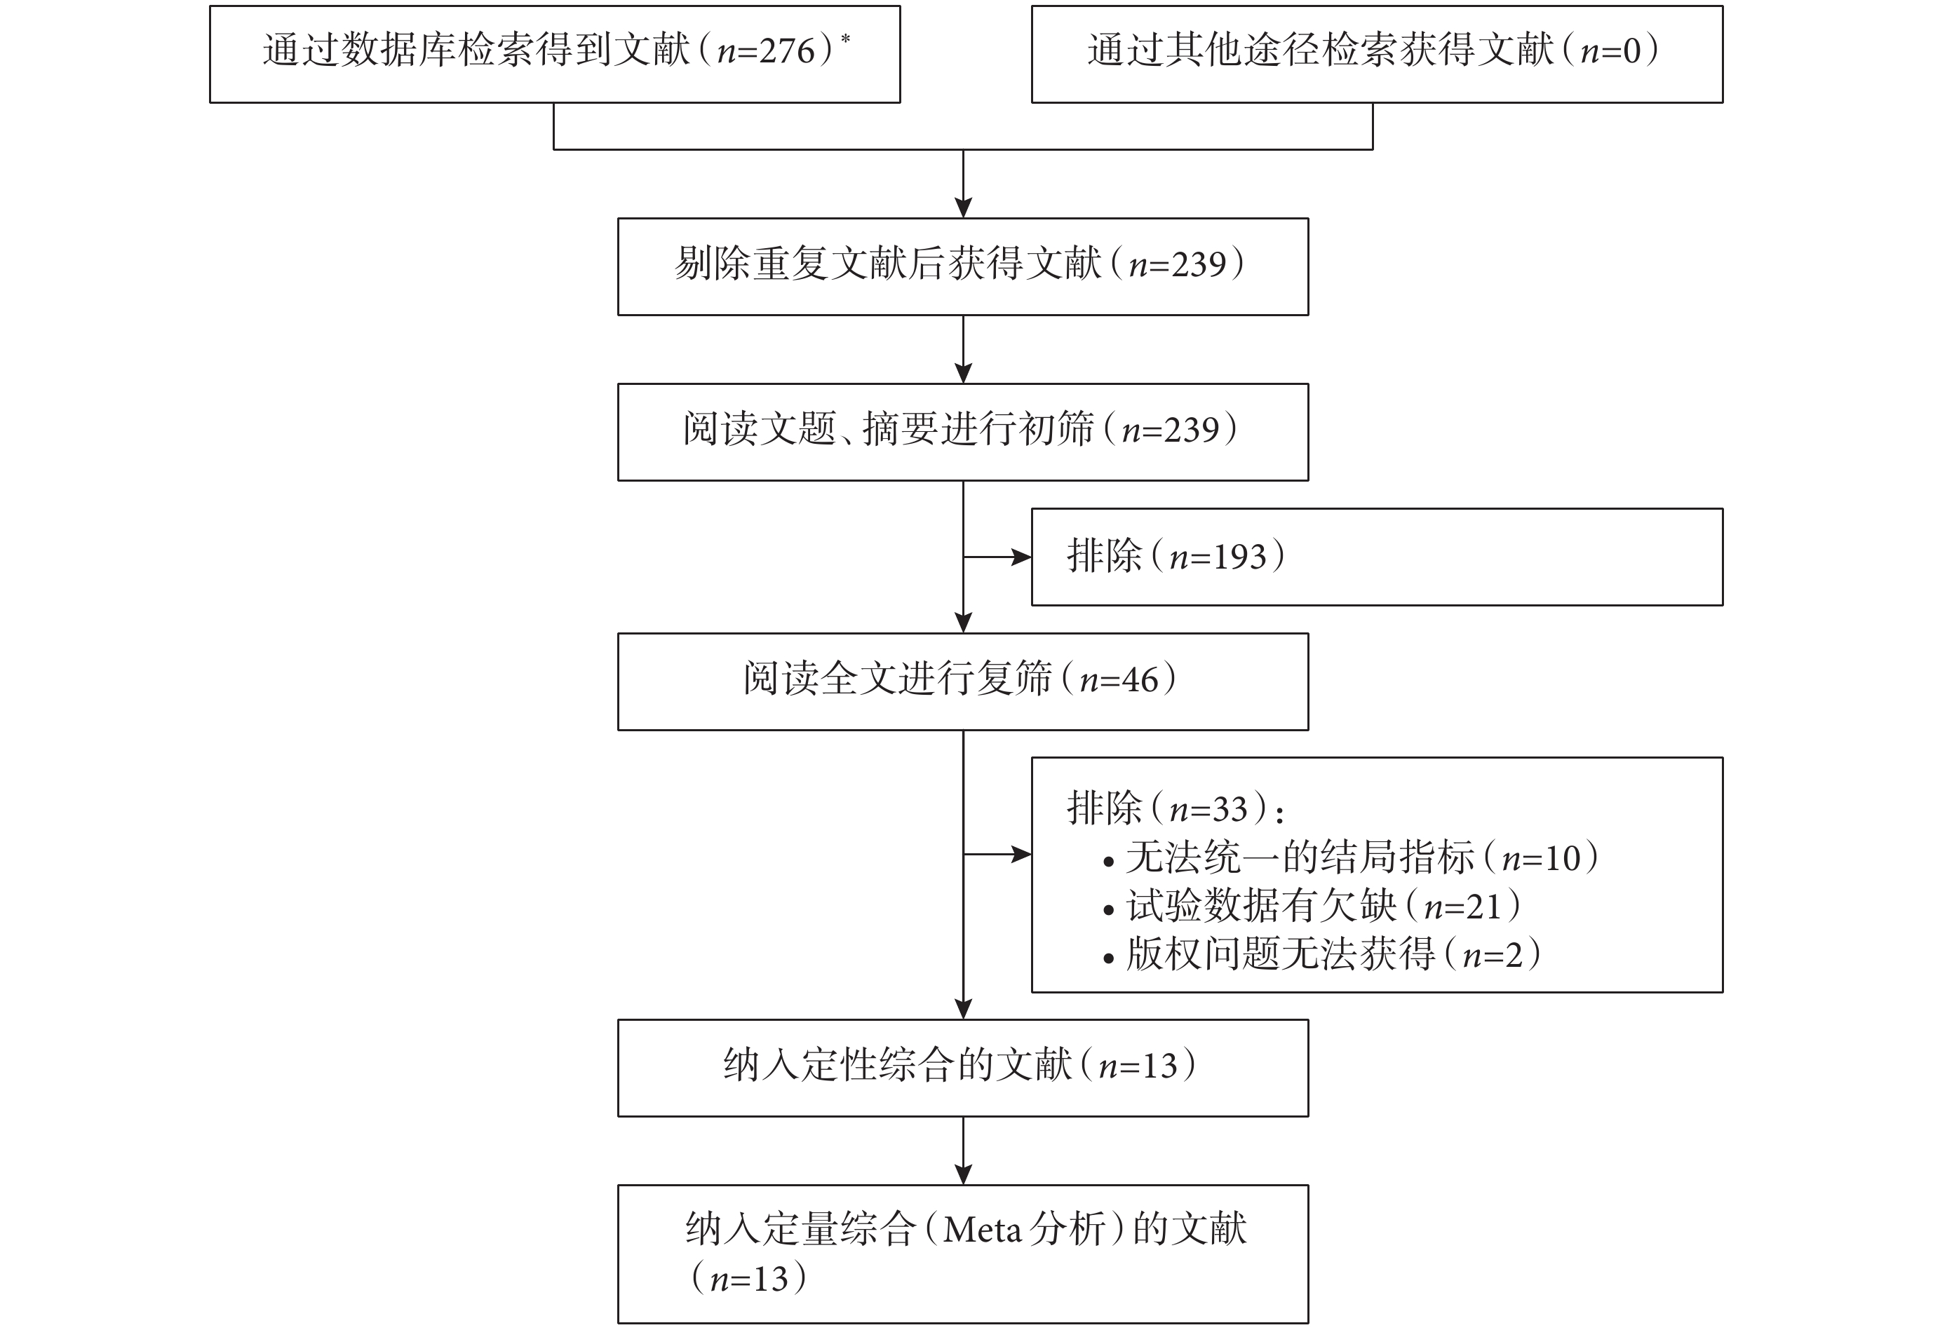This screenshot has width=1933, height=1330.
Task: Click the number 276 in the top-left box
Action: point(787,51)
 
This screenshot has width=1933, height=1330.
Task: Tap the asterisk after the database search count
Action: point(846,39)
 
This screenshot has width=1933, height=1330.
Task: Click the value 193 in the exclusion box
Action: point(1239,557)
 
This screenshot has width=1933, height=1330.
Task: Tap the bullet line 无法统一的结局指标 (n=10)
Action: point(1350,857)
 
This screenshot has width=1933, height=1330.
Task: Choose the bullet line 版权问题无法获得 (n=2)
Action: point(1322,954)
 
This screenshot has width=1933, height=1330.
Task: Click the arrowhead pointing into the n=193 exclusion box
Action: point(1022,557)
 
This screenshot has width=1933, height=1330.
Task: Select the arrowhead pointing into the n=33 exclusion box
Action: point(1022,853)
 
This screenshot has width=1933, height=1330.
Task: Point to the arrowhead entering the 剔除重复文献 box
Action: point(964,208)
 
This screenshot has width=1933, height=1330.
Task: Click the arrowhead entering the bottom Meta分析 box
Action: point(964,1174)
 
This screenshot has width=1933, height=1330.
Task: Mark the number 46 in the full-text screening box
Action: point(1140,681)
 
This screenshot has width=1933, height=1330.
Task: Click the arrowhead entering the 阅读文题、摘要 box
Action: point(964,373)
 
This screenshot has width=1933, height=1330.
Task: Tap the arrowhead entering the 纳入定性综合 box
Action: point(964,1009)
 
